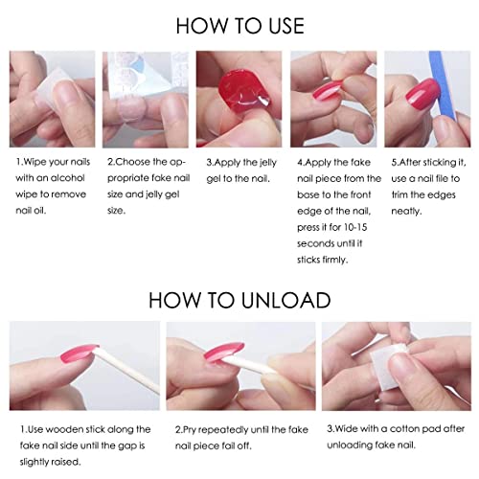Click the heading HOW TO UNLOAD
(x=239, y=298)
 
